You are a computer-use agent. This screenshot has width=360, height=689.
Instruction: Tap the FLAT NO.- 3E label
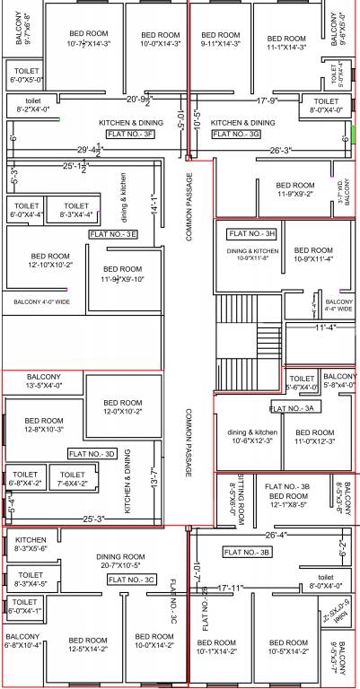113,234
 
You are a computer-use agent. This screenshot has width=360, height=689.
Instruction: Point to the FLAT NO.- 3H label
252,233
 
